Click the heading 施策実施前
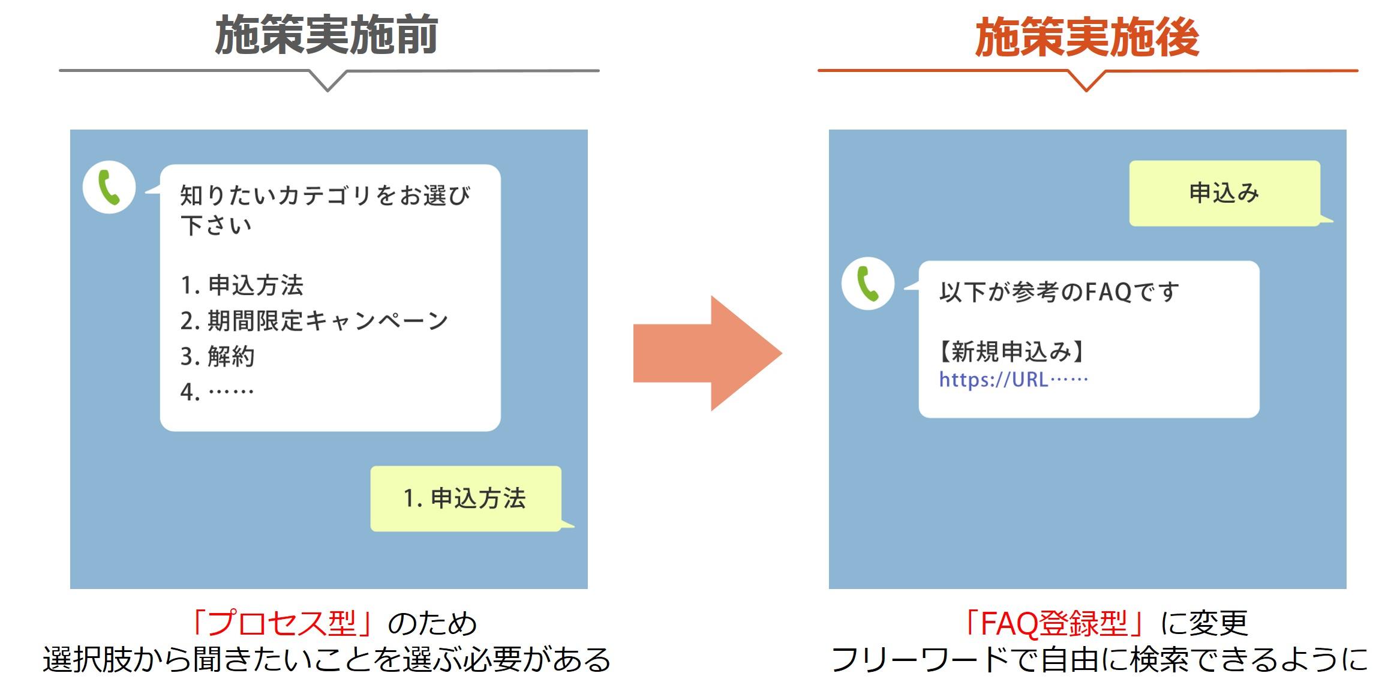[x=326, y=35]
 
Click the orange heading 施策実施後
[x=1086, y=37]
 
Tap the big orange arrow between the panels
[x=708, y=353]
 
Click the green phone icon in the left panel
[x=109, y=187]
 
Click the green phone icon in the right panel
[x=868, y=284]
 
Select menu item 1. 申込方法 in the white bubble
[x=242, y=286]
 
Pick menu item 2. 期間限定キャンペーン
[x=314, y=321]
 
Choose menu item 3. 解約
[x=217, y=356]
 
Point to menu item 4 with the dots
[x=217, y=392]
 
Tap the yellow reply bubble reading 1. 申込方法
[x=465, y=498]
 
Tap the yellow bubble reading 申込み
[x=1224, y=193]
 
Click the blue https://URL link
[x=1013, y=380]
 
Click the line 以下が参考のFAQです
[x=1059, y=292]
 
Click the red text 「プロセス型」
[x=282, y=623]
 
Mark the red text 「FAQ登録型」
[x=1054, y=623]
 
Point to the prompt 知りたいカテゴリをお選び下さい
[x=325, y=210]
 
